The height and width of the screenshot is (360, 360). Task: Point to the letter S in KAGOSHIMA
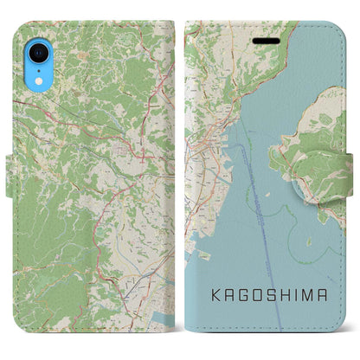(273, 297)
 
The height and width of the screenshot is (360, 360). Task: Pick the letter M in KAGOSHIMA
(317, 297)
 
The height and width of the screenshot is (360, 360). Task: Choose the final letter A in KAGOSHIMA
(334, 297)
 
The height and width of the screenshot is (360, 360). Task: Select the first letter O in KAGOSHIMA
(258, 297)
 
